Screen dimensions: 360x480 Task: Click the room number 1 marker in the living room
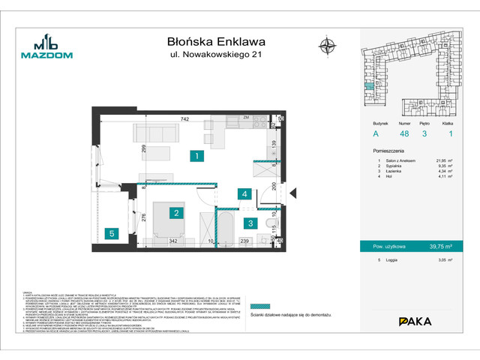(x=195, y=157)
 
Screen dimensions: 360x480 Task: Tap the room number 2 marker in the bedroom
(x=175, y=214)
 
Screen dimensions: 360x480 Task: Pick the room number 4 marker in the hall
(x=244, y=193)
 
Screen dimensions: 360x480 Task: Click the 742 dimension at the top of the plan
(x=184, y=118)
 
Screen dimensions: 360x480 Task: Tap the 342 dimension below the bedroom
(x=172, y=241)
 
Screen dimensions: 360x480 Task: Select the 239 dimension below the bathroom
(x=244, y=241)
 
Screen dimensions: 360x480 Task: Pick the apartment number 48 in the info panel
(x=403, y=133)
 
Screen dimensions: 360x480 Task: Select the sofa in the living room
(x=154, y=133)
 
